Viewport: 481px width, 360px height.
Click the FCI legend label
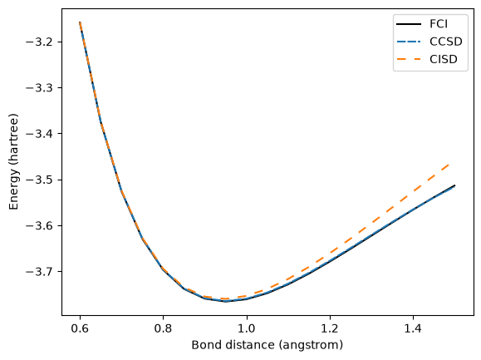tap(439, 24)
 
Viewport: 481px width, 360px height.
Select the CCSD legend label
tap(446, 42)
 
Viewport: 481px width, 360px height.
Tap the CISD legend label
tap(444, 59)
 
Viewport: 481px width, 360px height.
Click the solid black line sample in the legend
tap(409, 24)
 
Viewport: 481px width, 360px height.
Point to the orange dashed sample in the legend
tap(409, 59)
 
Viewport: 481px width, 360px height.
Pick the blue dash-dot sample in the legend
tap(409, 42)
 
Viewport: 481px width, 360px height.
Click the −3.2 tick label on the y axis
tap(40, 42)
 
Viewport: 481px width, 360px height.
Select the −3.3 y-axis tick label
tap(40, 88)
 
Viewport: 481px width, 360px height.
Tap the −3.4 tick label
tap(40, 134)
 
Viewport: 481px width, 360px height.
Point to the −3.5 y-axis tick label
tap(40, 180)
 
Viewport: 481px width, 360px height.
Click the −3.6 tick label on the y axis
tap(40, 226)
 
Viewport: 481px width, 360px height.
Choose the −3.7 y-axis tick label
tap(40, 272)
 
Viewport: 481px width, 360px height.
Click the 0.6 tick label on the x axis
tap(80, 328)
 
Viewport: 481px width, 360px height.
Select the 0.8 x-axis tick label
tap(163, 328)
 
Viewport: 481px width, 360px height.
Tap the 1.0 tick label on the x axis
tap(247, 328)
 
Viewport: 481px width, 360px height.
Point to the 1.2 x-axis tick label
tap(330, 328)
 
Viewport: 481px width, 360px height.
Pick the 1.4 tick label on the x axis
tap(413, 328)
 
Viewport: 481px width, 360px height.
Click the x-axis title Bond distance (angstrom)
tap(267, 345)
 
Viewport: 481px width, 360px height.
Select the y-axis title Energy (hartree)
tap(13, 162)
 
